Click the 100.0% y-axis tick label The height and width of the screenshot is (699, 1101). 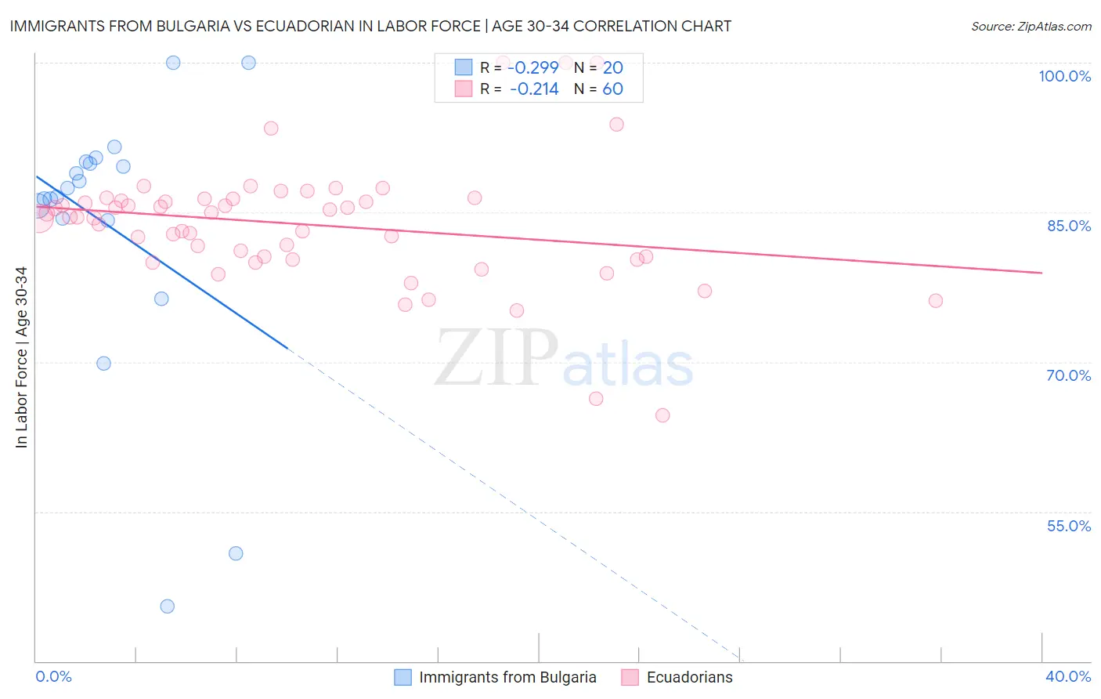[x=1064, y=76]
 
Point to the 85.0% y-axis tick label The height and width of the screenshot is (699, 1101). [x=1068, y=226]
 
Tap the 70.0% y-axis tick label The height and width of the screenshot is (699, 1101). [x=1068, y=375]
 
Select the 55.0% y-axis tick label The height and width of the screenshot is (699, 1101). [x=1068, y=526]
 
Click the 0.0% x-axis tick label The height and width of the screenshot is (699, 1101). [x=53, y=676]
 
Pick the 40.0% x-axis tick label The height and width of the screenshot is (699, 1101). [x=1068, y=676]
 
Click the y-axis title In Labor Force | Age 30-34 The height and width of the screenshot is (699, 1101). [x=21, y=357]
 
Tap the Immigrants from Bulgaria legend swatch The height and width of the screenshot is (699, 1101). [x=402, y=677]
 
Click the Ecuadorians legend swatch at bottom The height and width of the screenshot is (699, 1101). [x=630, y=677]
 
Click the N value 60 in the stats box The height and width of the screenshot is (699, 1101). [x=612, y=89]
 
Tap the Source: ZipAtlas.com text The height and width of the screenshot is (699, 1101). [x=1031, y=27]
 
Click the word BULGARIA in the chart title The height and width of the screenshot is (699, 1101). [x=196, y=27]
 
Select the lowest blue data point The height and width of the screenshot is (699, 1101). [x=167, y=607]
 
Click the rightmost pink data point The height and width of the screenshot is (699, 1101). [x=935, y=301]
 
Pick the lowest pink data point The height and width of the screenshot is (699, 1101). [x=662, y=415]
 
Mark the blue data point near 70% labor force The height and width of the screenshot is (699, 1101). [x=103, y=364]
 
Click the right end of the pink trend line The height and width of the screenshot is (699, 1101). [x=1041, y=273]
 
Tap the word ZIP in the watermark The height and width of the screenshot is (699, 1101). [x=496, y=359]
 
